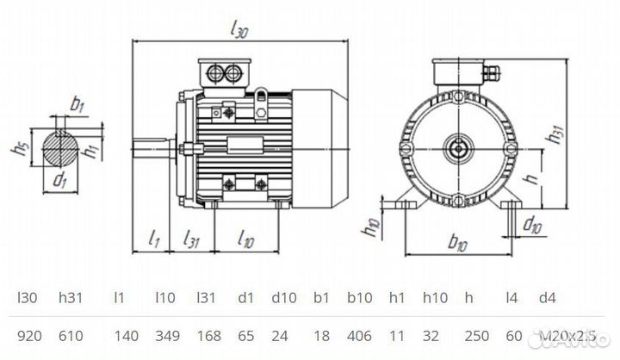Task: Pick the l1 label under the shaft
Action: [154, 238]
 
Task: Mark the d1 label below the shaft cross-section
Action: [59, 181]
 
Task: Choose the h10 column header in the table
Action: [435, 297]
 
